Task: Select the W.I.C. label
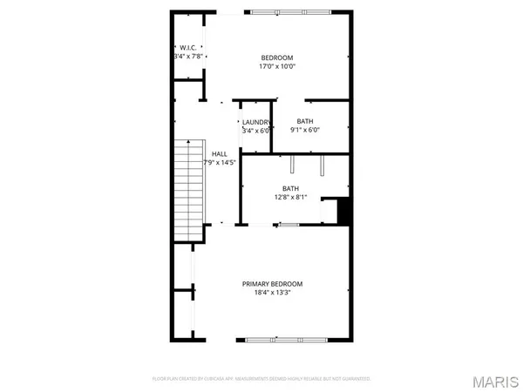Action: coord(188,48)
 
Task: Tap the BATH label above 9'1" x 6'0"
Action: coord(305,122)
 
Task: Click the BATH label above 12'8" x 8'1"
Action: coord(290,188)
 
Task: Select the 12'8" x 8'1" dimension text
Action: coord(290,198)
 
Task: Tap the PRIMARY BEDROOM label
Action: coord(273,284)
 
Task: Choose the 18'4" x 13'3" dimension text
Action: coord(273,294)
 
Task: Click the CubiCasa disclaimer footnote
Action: coord(261,379)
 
